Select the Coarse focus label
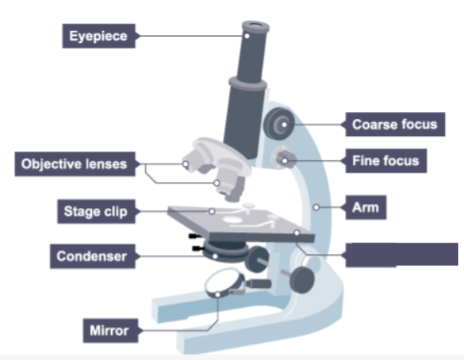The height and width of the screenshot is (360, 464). click(x=394, y=124)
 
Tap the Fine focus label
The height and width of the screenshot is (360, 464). click(x=386, y=161)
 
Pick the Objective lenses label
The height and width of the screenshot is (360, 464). click(x=74, y=163)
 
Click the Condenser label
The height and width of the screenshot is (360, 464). click(x=90, y=256)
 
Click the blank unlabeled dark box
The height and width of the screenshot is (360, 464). click(x=400, y=254)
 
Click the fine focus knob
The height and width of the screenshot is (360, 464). click(x=285, y=159)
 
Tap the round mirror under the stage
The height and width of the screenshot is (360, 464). click(x=224, y=286)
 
